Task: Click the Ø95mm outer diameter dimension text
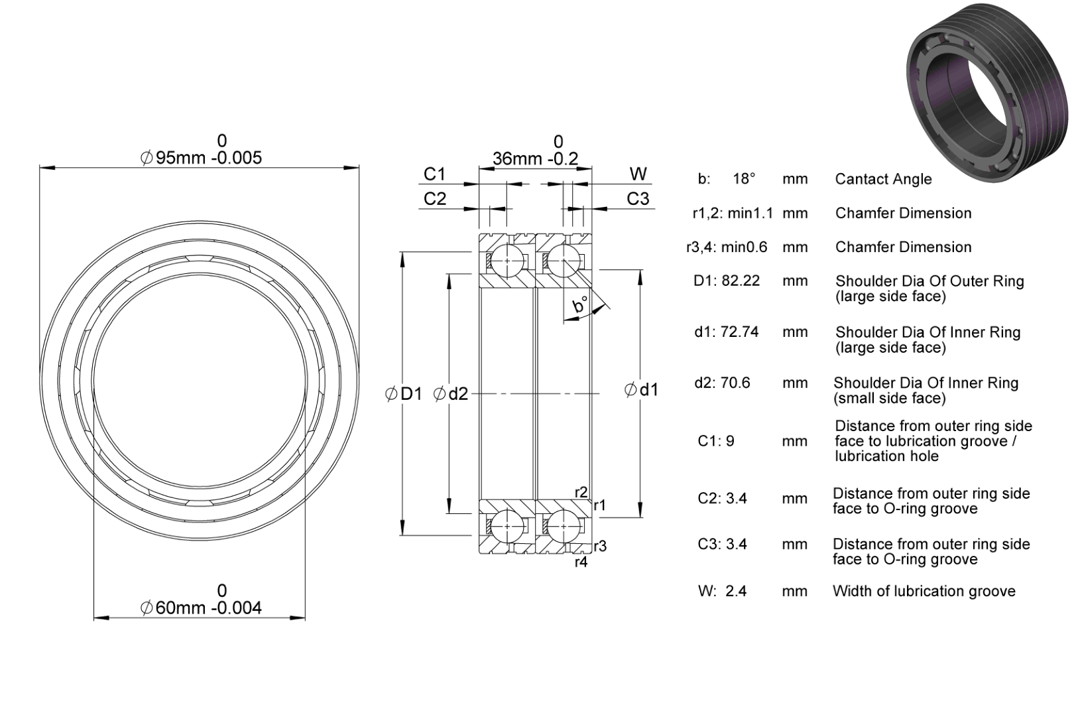point(201,157)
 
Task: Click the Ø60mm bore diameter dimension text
point(201,608)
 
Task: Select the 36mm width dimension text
point(535,159)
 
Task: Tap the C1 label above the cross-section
point(434,174)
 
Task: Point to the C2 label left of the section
point(434,198)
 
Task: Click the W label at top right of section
point(638,174)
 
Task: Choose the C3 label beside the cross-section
point(638,198)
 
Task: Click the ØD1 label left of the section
point(403,394)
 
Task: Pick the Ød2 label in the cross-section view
point(450,394)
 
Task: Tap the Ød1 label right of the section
point(641,389)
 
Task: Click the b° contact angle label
point(580,305)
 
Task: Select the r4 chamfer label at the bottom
point(581,562)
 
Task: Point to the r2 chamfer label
point(581,492)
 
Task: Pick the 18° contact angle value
point(744,178)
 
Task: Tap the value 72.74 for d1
point(739,332)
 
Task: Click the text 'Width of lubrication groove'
point(924,591)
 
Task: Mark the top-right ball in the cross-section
point(563,261)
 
